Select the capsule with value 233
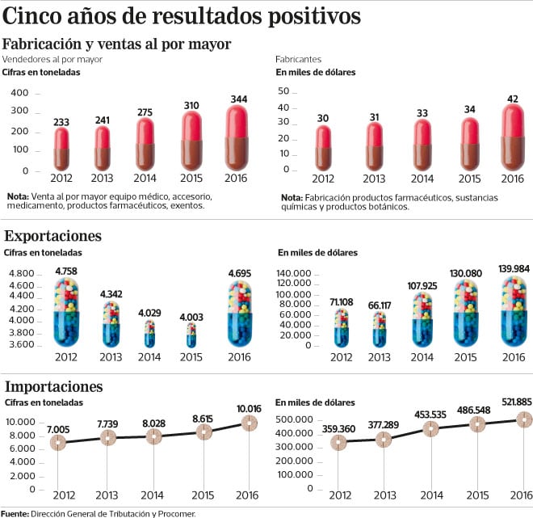[61, 150]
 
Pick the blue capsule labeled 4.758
[67, 312]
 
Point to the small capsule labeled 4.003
[191, 334]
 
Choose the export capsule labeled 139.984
[513, 312]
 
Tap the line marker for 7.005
[57, 442]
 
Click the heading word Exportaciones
[52, 236]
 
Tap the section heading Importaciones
[53, 386]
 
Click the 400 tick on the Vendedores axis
[20, 91]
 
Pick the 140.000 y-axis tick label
[294, 275]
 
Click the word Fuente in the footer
[15, 512]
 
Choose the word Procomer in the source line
[175, 512]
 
